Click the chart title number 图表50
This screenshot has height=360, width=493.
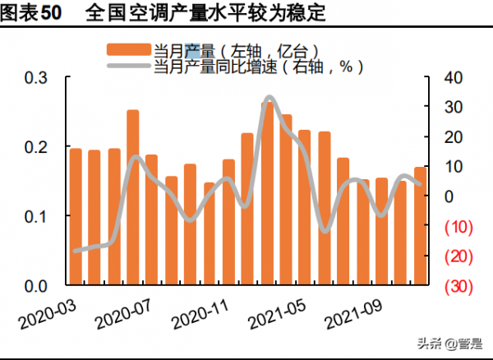click(31, 14)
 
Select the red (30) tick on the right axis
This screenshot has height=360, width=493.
click(458, 286)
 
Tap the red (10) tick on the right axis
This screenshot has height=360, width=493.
click(458, 226)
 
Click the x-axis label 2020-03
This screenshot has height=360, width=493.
click(46, 312)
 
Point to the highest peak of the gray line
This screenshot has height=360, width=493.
click(269, 99)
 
